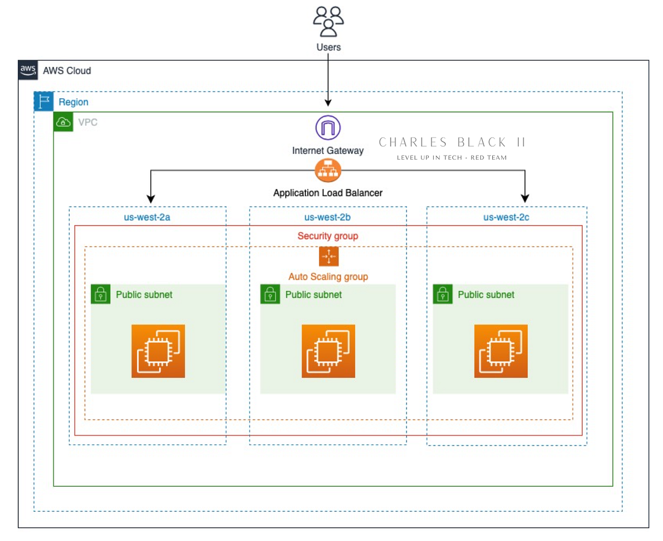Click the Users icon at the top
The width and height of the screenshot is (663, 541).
[328, 22]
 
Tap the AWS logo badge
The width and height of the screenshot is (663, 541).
[28, 70]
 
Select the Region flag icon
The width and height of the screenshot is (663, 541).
[44, 102]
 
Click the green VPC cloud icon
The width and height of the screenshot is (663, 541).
[63, 122]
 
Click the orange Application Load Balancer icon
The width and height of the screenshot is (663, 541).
[328, 170]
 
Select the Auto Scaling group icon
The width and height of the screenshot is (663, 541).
[328, 257]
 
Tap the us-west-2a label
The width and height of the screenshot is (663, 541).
[147, 217]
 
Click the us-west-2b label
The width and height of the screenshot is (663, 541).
[328, 217]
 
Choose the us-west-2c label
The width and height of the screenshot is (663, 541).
[506, 217]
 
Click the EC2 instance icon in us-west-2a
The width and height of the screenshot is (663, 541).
[158, 351]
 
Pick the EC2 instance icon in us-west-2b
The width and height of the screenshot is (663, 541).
[328, 351]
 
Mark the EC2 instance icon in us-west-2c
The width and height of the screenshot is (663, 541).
[501, 351]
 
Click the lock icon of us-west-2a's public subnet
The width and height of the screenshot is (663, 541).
[101, 294]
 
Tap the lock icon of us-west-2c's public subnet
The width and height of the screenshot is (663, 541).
[443, 294]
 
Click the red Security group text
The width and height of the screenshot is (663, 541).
[328, 236]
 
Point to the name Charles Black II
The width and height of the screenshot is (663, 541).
[452, 143]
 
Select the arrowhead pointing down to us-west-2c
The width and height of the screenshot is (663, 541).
[525, 197]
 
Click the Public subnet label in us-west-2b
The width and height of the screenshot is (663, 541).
[313, 295]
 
